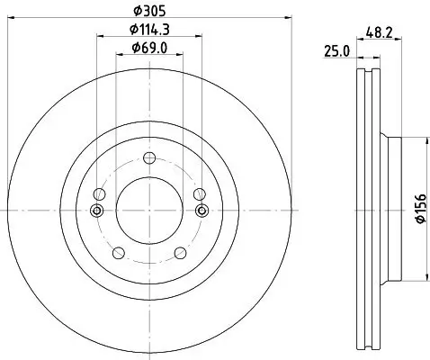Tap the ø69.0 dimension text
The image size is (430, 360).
click(149, 48)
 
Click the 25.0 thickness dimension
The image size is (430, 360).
click(336, 52)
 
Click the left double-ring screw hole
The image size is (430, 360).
click(98, 211)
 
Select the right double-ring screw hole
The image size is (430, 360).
click(202, 211)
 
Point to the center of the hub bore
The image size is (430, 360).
click(150, 211)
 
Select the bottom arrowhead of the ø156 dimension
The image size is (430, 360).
click(423, 282)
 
